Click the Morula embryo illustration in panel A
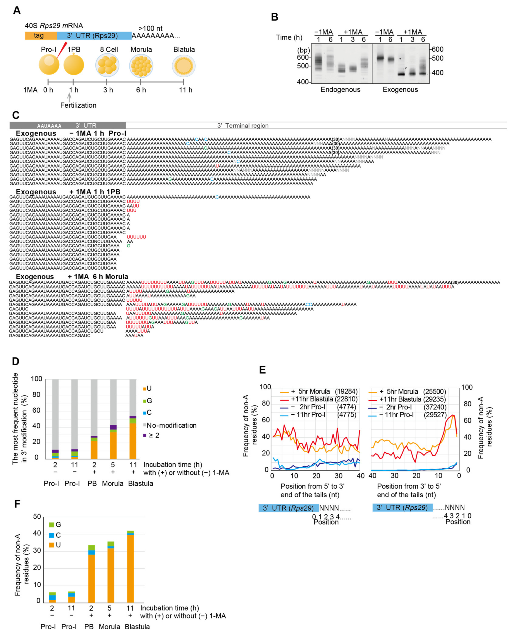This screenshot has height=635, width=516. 141,65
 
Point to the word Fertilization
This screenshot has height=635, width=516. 78,105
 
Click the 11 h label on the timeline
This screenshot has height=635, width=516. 186,90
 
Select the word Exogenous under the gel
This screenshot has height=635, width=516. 400,90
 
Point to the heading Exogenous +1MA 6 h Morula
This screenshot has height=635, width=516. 72,277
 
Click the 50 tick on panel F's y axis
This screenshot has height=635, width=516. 37,517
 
